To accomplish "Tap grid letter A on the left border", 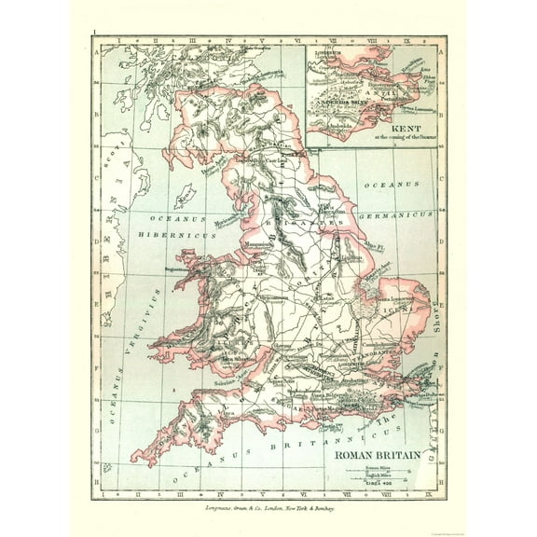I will [96, 54].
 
